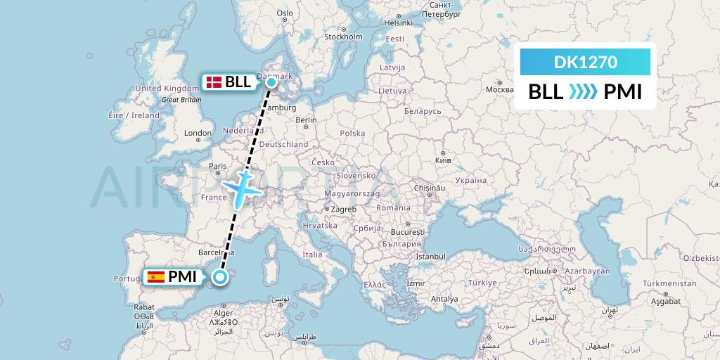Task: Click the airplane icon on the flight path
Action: pos(242,186)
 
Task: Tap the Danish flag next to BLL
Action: pos(213,82)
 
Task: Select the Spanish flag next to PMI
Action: pos(156,276)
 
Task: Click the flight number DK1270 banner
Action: pos(585,63)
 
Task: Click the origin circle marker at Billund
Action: pos(272,82)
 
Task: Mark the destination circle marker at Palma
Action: pos(221,277)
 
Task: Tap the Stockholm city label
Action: pos(343,37)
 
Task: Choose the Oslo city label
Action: pos(284,13)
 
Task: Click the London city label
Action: pos(198,133)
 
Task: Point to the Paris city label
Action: pos(217,167)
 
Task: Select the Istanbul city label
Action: pos(430,257)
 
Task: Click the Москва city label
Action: pos(500,89)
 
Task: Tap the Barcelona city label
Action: pos(216,251)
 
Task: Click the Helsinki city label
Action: pos(397,22)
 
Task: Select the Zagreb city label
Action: pos(345,209)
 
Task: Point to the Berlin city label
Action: pos(307,120)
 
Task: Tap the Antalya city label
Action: pos(444,298)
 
